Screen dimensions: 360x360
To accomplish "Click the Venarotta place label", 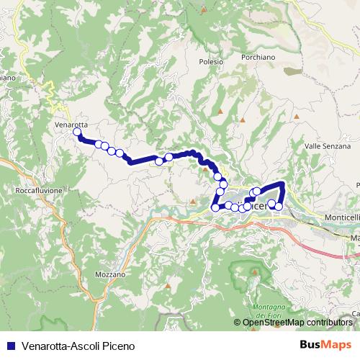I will [71, 124].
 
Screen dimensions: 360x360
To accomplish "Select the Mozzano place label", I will [110, 274].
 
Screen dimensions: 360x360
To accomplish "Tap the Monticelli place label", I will [341, 217].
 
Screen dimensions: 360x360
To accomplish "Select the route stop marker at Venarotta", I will [77, 132].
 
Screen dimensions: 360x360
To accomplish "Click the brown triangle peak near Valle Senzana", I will [296, 116].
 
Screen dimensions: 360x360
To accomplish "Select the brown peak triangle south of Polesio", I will [243, 120].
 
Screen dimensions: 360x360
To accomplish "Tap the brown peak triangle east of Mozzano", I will [168, 287].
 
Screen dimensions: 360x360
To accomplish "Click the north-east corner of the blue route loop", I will [283, 184].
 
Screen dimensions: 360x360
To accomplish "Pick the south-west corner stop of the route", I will [215, 208].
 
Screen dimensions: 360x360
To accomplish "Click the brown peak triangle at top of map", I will [204, 9].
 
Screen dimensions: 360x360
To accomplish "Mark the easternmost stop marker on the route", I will [279, 207].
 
